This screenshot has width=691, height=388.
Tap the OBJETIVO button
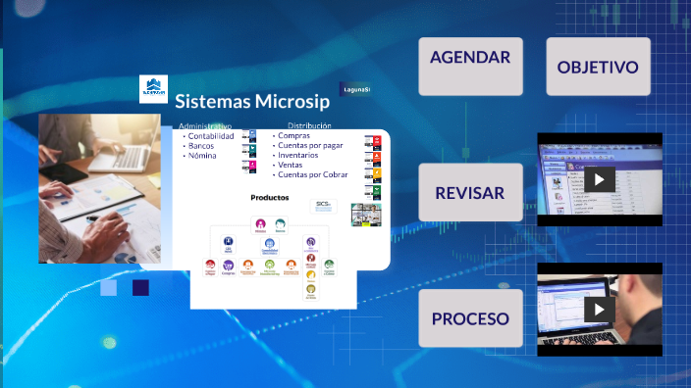coord(598,67)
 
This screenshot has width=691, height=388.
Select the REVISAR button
coord(469,192)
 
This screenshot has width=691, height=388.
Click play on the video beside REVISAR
coord(599,179)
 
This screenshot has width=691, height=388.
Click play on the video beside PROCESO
coord(599,309)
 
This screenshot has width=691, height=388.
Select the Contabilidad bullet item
coord(210,136)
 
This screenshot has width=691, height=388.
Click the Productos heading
coord(270,197)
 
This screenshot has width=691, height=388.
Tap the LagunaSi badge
coord(354,89)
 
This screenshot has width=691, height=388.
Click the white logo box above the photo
coord(153,89)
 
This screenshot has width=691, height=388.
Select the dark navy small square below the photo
coord(140,287)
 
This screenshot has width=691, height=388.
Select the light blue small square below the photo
coord(108,287)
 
